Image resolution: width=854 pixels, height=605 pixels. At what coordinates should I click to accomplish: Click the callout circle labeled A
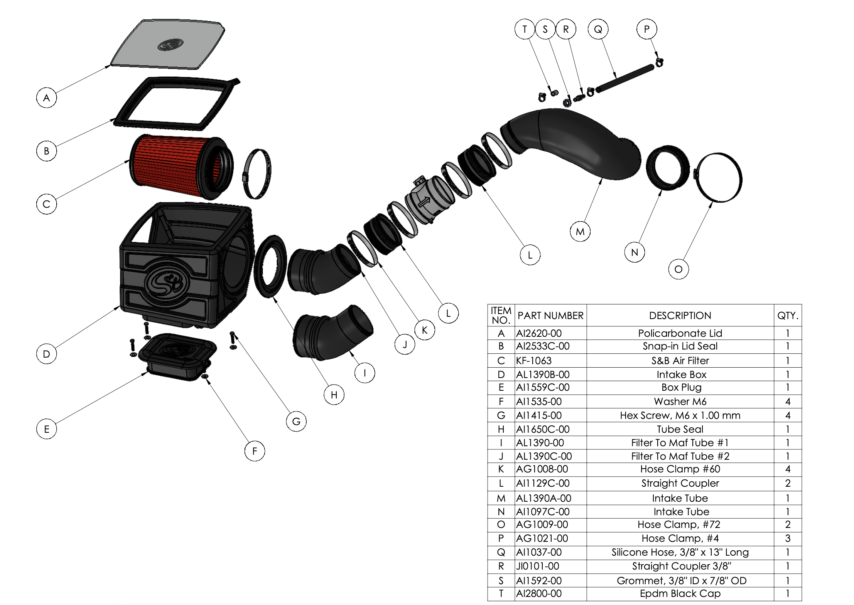coord(46,98)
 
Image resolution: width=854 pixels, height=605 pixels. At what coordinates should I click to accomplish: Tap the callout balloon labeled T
coord(525,29)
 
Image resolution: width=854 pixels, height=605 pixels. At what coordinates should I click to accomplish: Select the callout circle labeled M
coord(580,232)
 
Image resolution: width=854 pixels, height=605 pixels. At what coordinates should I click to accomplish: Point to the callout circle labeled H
coord(334,395)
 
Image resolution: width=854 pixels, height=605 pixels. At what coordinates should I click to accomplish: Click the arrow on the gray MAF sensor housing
coord(424,201)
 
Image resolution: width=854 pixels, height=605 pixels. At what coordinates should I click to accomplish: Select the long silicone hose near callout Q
coord(625,79)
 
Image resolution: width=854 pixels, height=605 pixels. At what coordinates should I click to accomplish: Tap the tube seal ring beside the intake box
coord(270,266)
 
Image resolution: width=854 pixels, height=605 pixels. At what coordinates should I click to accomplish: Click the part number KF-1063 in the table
coord(534,361)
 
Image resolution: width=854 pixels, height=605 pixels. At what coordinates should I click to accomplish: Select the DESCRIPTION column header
coord(680,316)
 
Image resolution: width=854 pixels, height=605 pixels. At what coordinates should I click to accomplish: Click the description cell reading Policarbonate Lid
coord(680,333)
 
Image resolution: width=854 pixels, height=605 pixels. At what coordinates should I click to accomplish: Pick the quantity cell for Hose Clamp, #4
coord(788,538)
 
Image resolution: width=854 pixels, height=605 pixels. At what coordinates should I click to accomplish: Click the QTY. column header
coord(788,316)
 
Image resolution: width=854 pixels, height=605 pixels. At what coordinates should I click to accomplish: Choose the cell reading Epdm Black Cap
coord(680,593)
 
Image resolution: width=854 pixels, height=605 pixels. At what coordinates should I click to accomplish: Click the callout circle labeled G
coord(296,421)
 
